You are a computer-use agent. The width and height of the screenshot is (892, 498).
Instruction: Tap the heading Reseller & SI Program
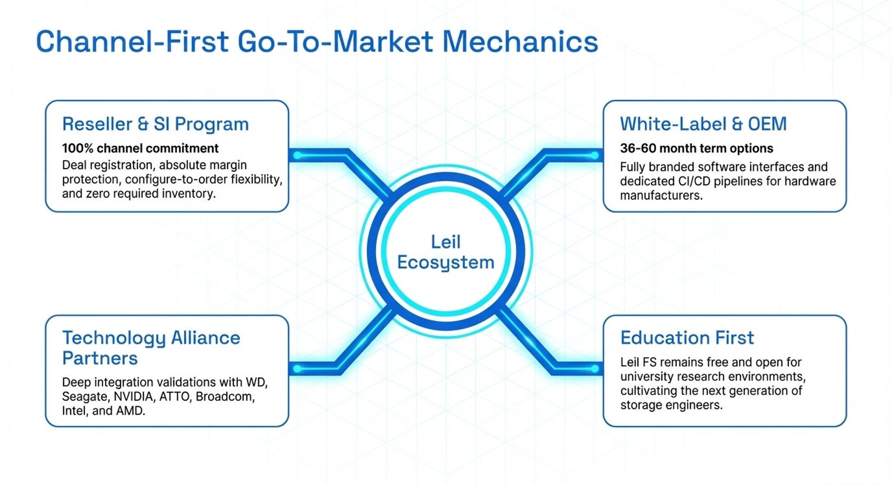pyautogui.click(x=156, y=124)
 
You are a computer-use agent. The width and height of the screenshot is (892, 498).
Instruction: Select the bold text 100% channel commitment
pyautogui.click(x=140, y=148)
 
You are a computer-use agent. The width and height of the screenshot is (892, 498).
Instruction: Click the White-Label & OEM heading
pyautogui.click(x=703, y=124)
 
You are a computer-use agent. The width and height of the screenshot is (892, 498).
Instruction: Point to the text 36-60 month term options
pyautogui.click(x=696, y=148)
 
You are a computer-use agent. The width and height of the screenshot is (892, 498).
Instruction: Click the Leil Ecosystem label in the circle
pyautogui.click(x=446, y=252)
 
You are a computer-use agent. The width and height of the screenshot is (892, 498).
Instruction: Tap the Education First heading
pyautogui.click(x=687, y=338)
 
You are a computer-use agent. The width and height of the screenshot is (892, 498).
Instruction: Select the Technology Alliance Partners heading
pyautogui.click(x=151, y=347)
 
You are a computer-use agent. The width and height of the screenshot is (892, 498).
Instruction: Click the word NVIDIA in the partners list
pyautogui.click(x=133, y=397)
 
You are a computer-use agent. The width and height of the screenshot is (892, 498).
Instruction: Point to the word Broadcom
pyautogui.click(x=224, y=397)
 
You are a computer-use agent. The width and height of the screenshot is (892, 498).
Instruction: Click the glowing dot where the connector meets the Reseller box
pyautogui.click(x=297, y=155)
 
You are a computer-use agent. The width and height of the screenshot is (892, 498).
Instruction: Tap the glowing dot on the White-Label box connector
pyautogui.click(x=595, y=155)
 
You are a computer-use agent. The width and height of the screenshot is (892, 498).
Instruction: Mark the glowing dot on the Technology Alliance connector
pyautogui.click(x=297, y=369)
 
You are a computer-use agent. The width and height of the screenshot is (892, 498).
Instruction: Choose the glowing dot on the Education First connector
pyautogui.click(x=595, y=369)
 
